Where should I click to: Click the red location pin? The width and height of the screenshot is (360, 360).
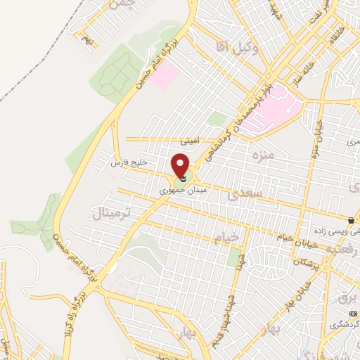(x=181, y=165)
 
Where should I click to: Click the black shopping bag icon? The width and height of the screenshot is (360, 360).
(x=351, y=220)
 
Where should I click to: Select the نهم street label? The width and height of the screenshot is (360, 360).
(x=87, y=40)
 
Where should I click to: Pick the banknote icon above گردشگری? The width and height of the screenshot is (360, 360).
(x=352, y=311)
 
